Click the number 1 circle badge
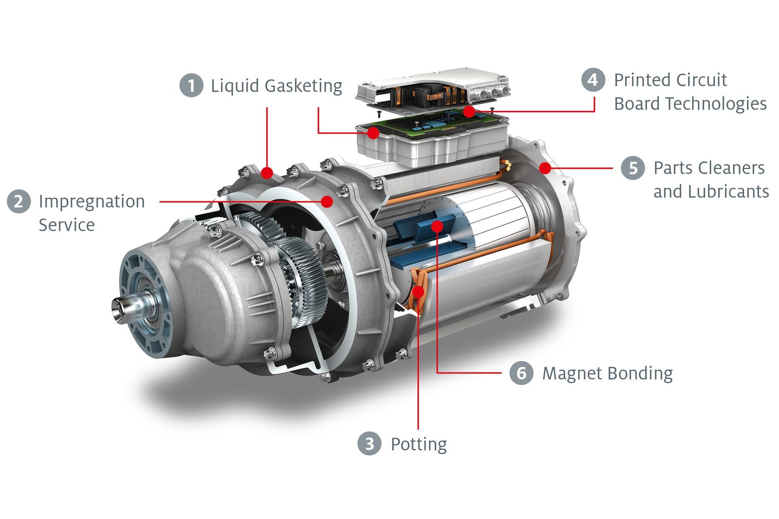191,85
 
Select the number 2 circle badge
19,201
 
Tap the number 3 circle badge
369,444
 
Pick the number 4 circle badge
593,80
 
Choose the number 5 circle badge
633,168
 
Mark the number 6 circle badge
521,373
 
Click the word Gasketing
303,86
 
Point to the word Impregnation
92,202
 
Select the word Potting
419,444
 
